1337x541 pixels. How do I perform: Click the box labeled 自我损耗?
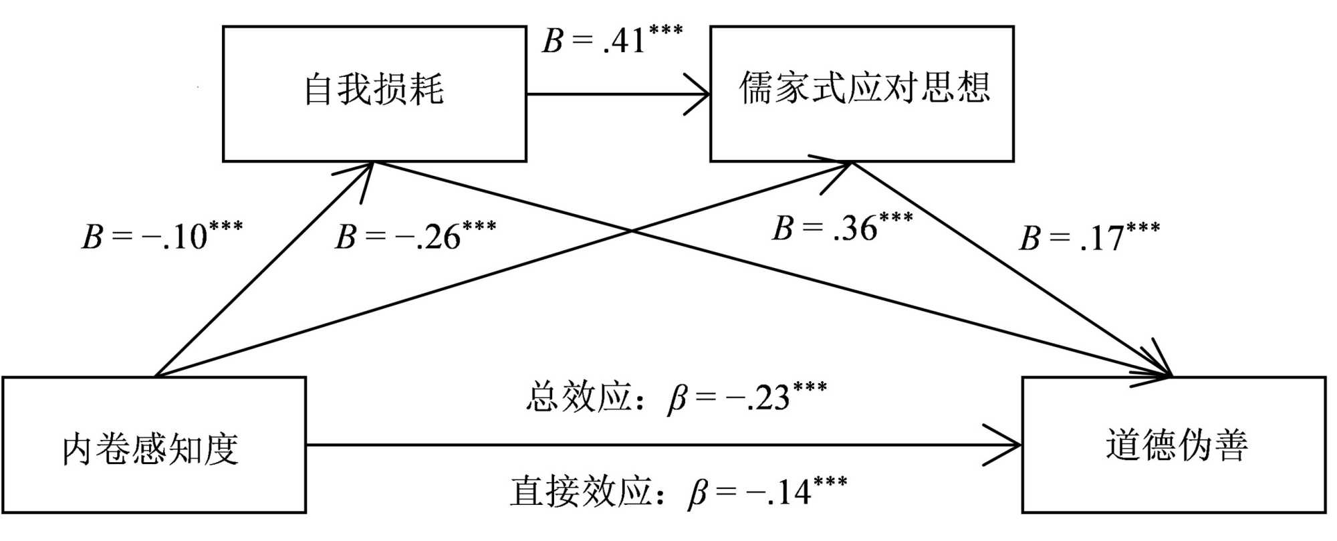click(x=374, y=94)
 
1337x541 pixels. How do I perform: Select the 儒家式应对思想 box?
click(x=862, y=94)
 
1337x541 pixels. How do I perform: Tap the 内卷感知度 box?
click(x=154, y=445)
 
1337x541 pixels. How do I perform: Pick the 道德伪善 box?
click(x=1174, y=445)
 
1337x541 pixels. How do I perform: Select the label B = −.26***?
click(x=415, y=235)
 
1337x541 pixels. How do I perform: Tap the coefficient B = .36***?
click(x=842, y=227)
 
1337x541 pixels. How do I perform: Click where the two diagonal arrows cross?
click(x=632, y=231)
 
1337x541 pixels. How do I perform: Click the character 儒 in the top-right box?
click(x=756, y=88)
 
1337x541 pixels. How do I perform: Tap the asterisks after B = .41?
click(x=664, y=29)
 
